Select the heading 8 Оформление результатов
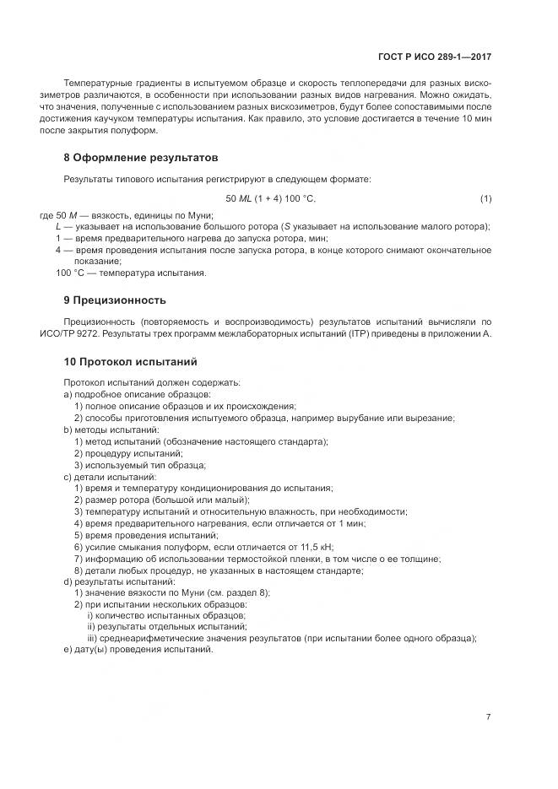coord(141,157)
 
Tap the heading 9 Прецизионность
coord(115,300)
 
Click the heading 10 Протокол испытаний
coord(130,361)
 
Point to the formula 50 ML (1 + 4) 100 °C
coord(270,198)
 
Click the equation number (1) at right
coord(485,198)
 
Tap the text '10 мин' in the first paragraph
coord(478,120)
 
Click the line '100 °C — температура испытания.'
coord(131,273)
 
